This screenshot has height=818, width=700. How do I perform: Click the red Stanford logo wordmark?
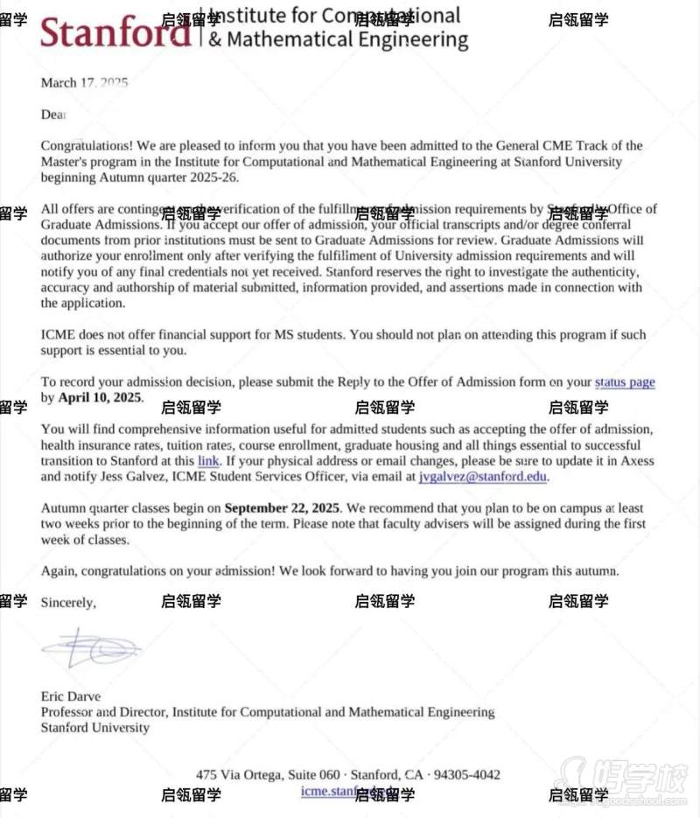[114, 33]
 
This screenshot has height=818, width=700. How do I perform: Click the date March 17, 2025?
[84, 83]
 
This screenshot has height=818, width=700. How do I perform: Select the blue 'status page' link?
[624, 381]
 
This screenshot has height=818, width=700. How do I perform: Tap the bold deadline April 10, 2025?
[100, 397]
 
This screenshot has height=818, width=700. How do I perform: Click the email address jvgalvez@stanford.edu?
[482, 477]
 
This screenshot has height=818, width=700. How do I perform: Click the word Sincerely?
[68, 603]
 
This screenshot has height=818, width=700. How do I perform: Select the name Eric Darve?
[71, 696]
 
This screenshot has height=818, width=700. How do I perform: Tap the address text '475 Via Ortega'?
[238, 775]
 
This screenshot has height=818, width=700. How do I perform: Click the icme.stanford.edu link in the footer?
[346, 792]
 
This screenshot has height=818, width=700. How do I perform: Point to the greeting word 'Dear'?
[53, 115]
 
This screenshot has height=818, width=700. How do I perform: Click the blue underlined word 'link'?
[207, 461]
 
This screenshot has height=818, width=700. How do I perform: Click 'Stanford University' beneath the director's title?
[94, 728]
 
